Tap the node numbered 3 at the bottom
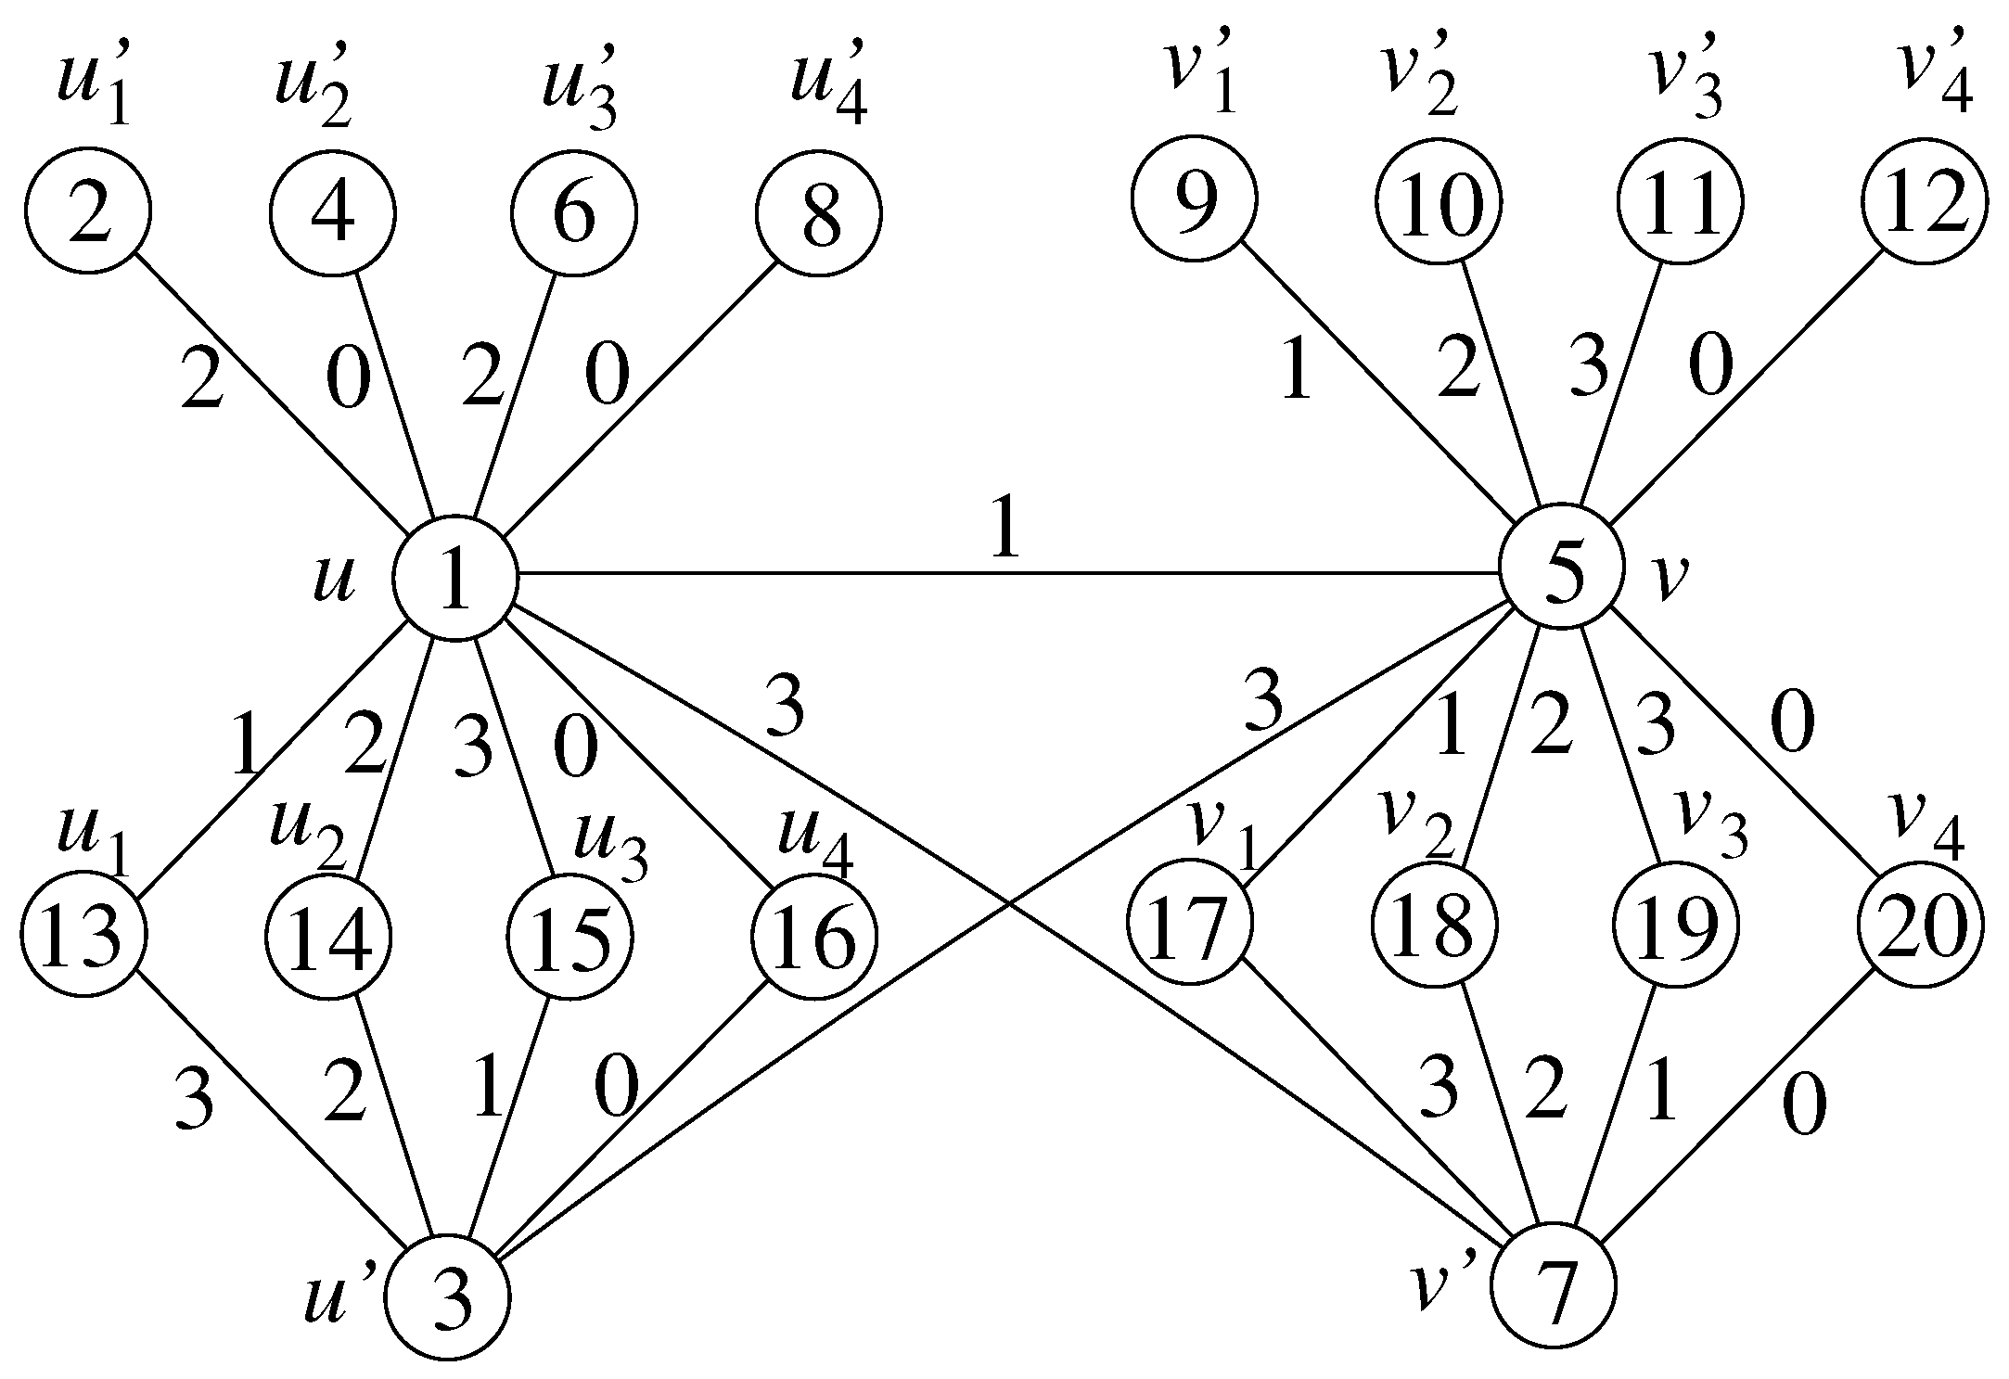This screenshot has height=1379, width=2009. (x=449, y=1296)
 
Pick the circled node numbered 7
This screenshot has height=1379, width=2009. (x=1553, y=1285)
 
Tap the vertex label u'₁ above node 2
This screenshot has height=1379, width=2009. (x=93, y=88)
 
